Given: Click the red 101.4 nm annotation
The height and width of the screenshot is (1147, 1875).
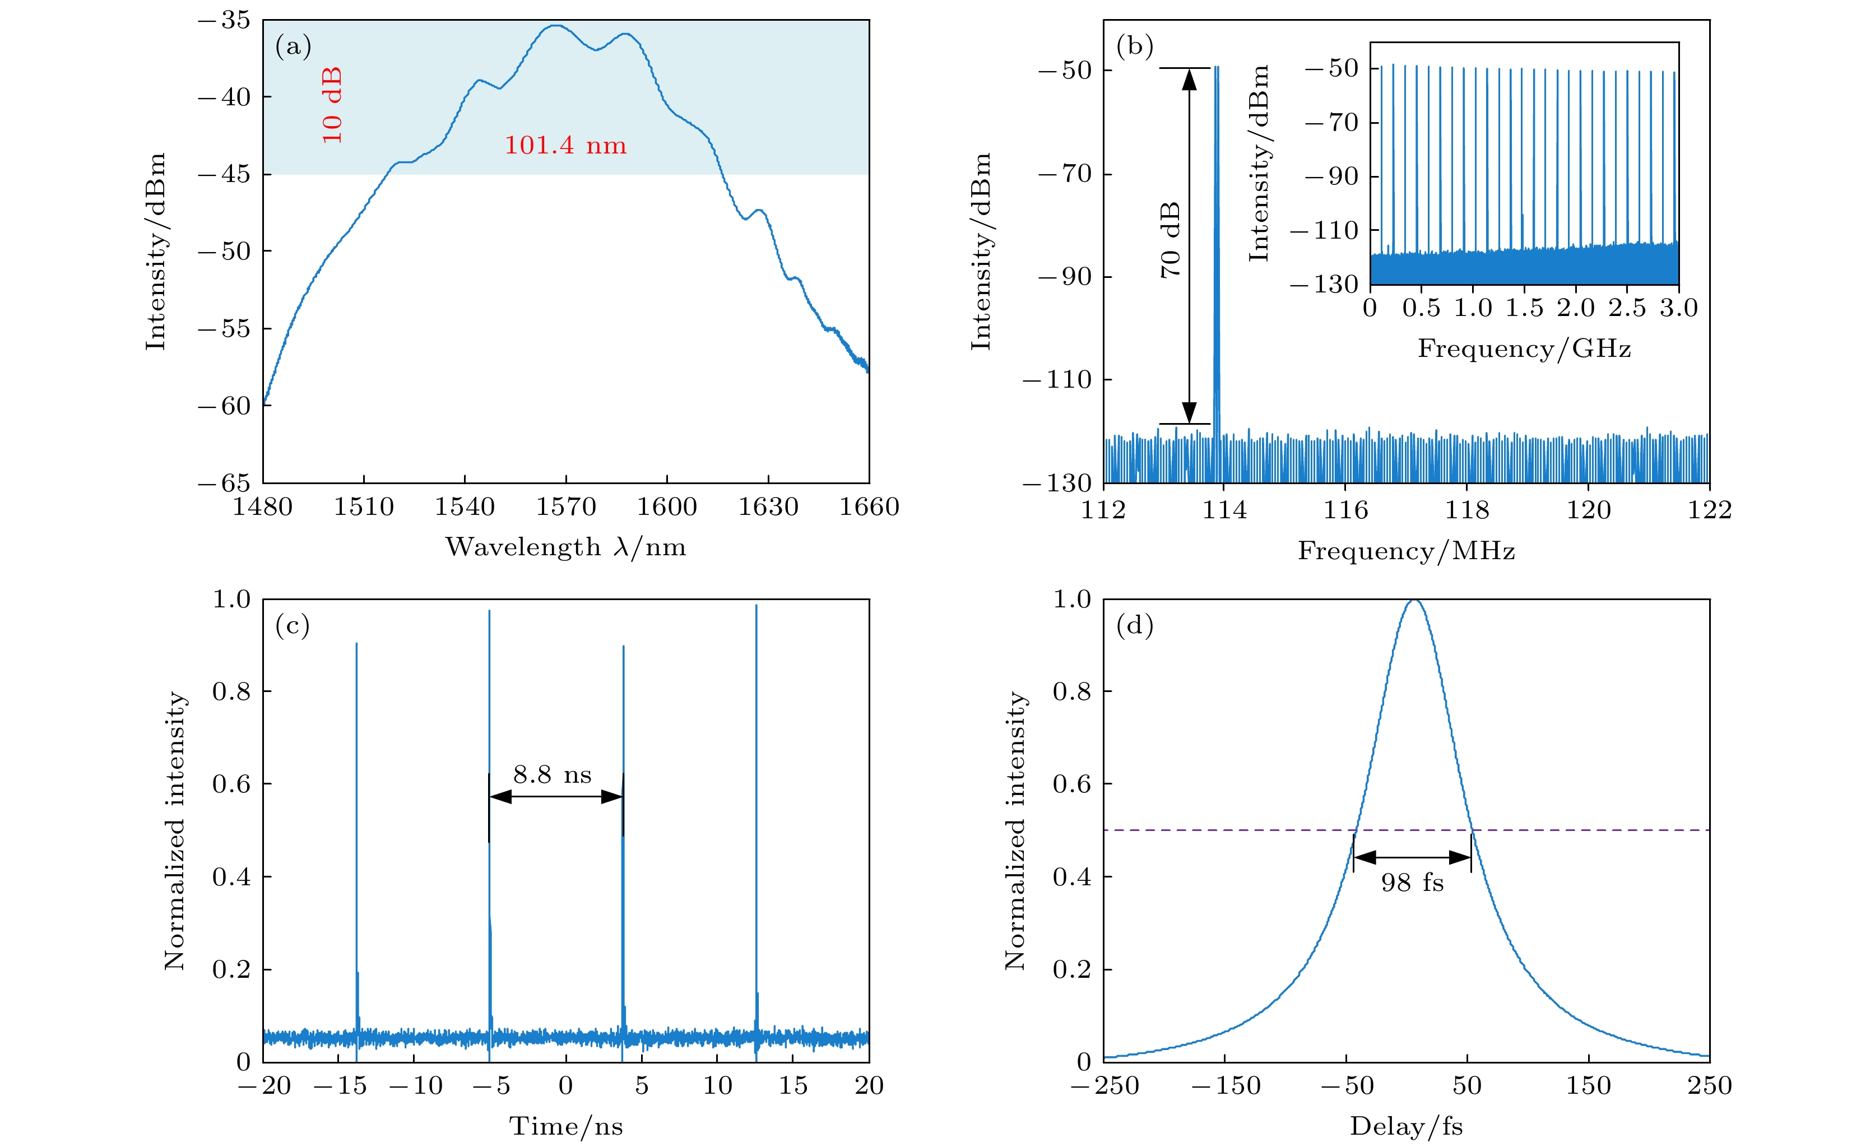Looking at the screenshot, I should coord(565,145).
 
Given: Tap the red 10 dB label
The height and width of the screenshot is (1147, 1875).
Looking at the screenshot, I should coord(332,105).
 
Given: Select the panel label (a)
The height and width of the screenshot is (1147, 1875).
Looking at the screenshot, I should coord(293,47).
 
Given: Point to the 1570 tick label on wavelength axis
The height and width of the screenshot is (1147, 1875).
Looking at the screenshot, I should coord(565,507).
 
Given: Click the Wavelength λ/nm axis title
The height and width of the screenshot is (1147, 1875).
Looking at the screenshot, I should coord(565,547).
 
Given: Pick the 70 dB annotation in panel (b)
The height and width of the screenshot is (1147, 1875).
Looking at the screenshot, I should coord(1171,240).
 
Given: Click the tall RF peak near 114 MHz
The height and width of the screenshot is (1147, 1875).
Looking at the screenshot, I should coord(1216,228).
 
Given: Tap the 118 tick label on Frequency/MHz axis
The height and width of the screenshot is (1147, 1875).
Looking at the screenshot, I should coord(1466,509).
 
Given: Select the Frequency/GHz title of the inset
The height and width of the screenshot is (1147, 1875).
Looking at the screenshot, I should coord(1524,349).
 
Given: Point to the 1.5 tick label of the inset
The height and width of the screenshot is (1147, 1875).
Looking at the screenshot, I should coord(1524,308).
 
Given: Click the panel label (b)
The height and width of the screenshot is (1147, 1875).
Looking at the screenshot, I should coord(1134,47).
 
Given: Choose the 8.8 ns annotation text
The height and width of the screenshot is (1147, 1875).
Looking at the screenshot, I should coord(553,775).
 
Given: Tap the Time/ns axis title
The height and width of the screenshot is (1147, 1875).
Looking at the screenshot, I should coord(565,1126).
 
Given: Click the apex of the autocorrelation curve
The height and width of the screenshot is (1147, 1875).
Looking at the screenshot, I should coord(1414,601).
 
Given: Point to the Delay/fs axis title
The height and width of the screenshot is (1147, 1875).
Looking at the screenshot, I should coord(1407,1126).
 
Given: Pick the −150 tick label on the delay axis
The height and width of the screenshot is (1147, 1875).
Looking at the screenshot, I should coord(1225,1085).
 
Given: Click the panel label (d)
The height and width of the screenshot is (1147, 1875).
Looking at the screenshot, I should coord(1134,626).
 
